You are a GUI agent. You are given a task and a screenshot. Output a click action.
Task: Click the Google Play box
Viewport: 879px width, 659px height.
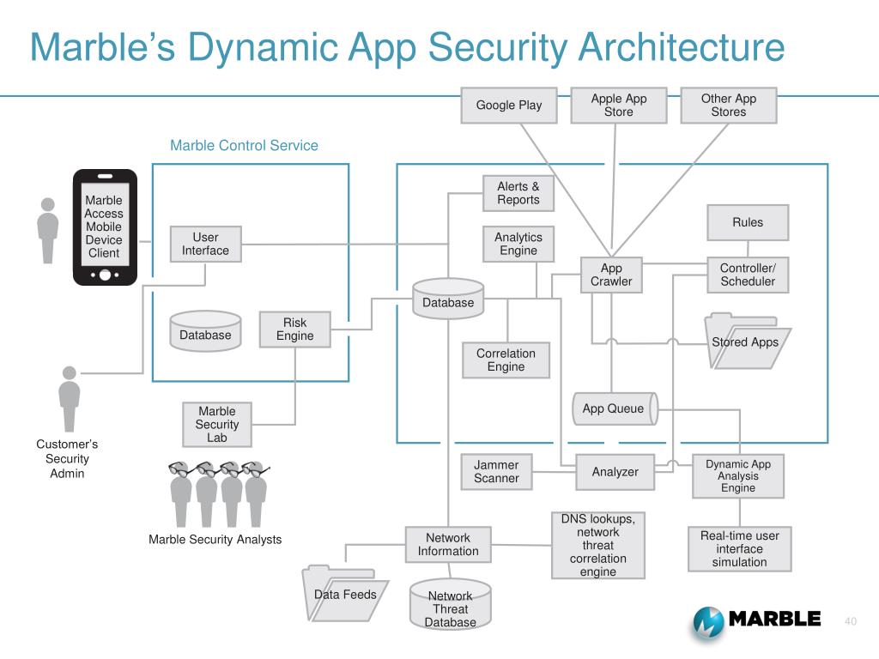[x=509, y=106]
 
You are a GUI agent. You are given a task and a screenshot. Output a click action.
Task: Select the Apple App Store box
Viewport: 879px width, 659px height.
[x=618, y=106]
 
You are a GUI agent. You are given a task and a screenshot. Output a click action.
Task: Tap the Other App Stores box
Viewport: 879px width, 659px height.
[x=729, y=106]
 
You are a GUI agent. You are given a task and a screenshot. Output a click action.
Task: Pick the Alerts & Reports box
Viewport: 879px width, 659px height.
[x=518, y=193]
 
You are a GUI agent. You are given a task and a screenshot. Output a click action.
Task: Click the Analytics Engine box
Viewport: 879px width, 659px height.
[x=518, y=244]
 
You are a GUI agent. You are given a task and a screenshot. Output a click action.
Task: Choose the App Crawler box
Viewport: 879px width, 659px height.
[x=611, y=275]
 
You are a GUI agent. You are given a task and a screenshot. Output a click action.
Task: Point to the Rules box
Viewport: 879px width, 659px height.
[x=748, y=222]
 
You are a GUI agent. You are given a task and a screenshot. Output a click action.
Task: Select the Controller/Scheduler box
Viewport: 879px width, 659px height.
[x=748, y=275]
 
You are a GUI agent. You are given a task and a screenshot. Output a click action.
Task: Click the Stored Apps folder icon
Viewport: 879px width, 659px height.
[x=745, y=342]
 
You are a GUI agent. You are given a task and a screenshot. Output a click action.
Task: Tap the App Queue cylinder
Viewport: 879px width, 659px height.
[x=613, y=408]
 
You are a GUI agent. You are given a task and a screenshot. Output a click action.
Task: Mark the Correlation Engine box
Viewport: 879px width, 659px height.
[x=506, y=360]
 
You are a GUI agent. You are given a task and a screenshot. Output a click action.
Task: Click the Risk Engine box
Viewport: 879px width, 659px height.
[x=294, y=329]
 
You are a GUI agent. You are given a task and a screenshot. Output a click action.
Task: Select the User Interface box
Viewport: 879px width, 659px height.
[x=205, y=245]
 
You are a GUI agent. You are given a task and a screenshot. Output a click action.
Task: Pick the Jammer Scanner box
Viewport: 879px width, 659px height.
[x=496, y=471]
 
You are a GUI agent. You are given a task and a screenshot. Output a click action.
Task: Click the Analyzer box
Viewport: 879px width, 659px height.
[x=615, y=472]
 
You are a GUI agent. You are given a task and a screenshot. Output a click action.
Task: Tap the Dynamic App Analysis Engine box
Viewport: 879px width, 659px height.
[x=738, y=476]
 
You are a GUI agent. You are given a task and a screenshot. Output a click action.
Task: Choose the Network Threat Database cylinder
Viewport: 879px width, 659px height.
[x=450, y=607]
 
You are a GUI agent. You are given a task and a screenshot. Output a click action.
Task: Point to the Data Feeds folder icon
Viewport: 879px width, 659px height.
[x=343, y=595]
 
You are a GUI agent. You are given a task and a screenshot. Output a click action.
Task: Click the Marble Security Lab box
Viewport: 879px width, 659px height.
[x=217, y=425]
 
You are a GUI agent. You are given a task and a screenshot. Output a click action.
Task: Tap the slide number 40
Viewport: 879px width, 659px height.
[x=852, y=621]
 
